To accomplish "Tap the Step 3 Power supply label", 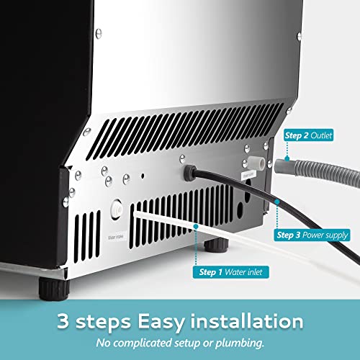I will pyautogui.click(x=313, y=235).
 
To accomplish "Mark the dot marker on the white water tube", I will pyautogui.click(x=196, y=225).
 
